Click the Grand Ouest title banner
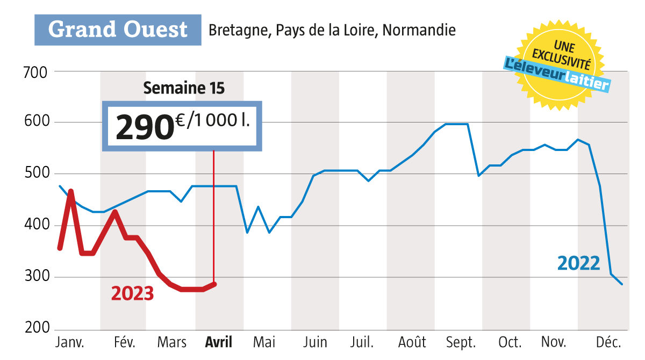pos(118,30)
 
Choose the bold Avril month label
pos(219,342)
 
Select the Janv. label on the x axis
pos(70,342)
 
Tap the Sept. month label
pos(461,342)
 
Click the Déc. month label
pos(609,342)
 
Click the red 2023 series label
pos(132,293)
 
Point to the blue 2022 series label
pos(578,263)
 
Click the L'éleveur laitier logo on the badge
pos(557,74)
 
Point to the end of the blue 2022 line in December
pos(622,284)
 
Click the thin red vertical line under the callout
pos(214,215)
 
